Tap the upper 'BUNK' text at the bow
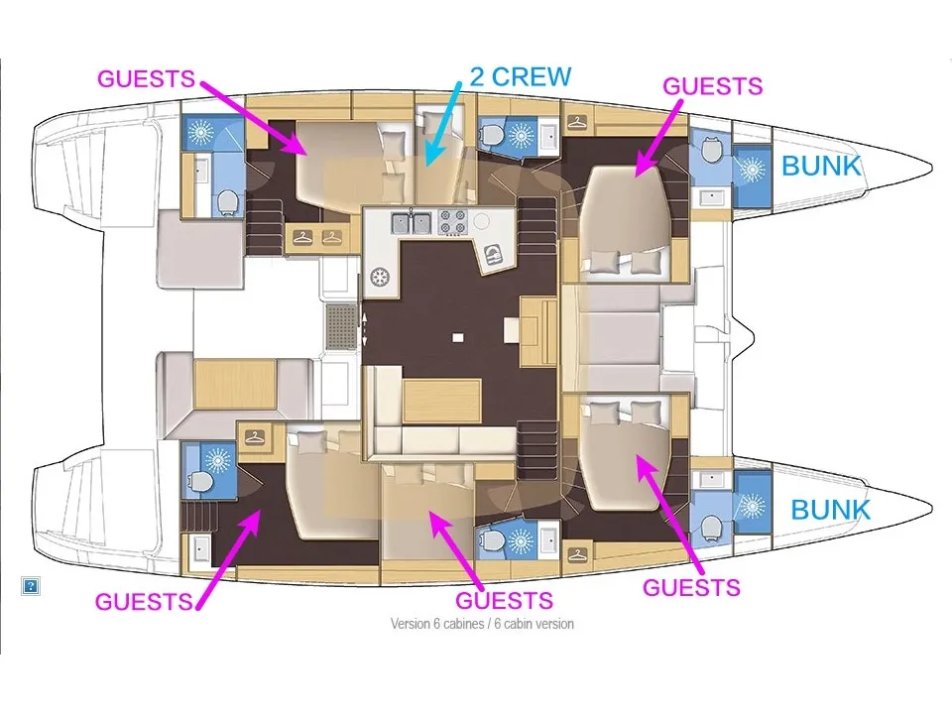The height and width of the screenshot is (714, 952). (x=821, y=166)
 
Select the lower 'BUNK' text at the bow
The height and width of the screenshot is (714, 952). (x=830, y=510)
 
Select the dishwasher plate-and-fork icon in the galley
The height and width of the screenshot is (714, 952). (x=492, y=258)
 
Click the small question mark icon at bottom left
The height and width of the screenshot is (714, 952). (x=31, y=586)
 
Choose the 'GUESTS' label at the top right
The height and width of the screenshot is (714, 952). (x=712, y=86)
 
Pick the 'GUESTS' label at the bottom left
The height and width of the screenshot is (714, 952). (x=144, y=601)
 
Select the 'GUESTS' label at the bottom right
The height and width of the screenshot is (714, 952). (x=691, y=587)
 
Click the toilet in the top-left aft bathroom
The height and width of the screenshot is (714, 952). (x=228, y=201)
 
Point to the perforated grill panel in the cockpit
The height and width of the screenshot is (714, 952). (x=340, y=319)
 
